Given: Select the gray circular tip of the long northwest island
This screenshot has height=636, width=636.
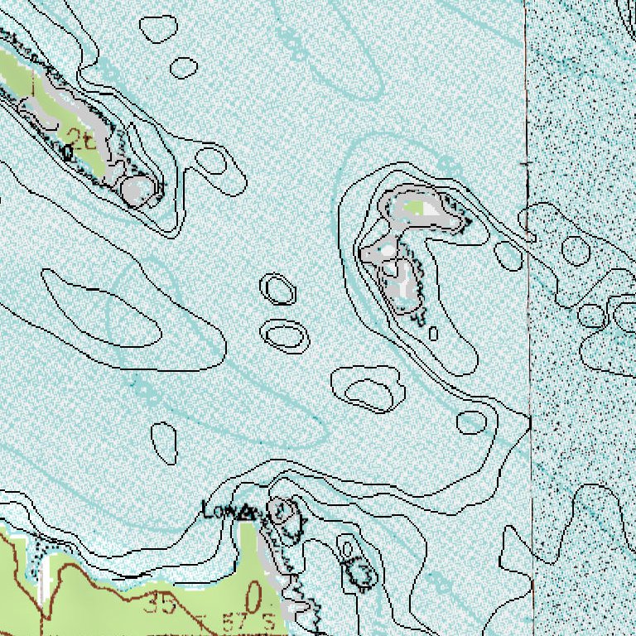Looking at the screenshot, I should pyautogui.click(x=135, y=189).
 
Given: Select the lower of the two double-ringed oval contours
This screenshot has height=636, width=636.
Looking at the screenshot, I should pyautogui.click(x=286, y=335).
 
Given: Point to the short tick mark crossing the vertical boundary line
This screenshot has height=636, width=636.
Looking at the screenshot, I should pyautogui.click(x=526, y=165).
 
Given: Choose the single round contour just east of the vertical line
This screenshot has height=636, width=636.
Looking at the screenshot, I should pyautogui.click(x=575, y=248).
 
